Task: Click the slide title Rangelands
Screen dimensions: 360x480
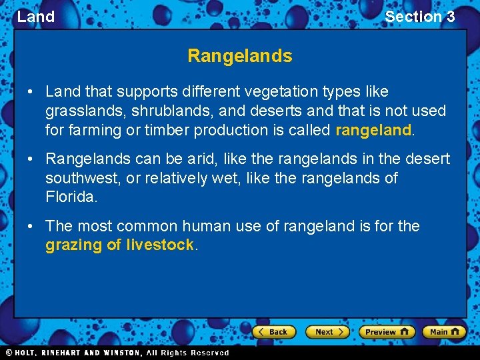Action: (240, 56)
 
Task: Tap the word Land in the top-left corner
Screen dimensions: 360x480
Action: (36, 17)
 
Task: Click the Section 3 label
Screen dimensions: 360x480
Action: (419, 17)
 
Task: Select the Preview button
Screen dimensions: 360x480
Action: (387, 331)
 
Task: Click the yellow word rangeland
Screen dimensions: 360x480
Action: (373, 130)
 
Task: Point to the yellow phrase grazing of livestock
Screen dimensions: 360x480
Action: (119, 245)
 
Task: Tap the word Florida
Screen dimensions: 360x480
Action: (71, 198)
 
